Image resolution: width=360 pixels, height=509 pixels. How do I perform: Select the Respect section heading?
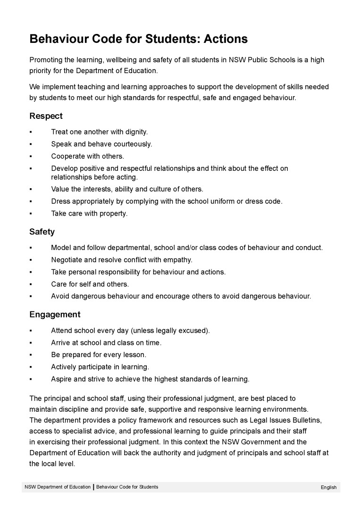point(46,116)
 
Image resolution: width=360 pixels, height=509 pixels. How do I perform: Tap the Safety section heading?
point(42,232)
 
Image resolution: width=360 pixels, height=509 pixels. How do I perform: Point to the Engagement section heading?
point(55,315)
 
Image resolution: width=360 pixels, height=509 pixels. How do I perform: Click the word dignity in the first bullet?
point(136,132)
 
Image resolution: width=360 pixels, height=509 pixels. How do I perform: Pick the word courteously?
point(133,144)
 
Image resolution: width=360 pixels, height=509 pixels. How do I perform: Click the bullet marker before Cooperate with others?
point(31,156)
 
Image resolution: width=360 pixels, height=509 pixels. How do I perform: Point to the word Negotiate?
point(67,260)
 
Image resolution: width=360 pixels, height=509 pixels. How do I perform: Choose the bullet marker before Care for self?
point(31,284)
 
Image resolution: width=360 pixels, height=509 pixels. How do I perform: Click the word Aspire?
point(61,379)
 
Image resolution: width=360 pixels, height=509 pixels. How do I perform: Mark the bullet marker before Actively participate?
point(31,367)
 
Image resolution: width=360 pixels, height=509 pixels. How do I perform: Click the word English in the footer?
point(328,487)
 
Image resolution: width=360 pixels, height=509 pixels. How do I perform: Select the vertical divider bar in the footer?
point(93,487)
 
